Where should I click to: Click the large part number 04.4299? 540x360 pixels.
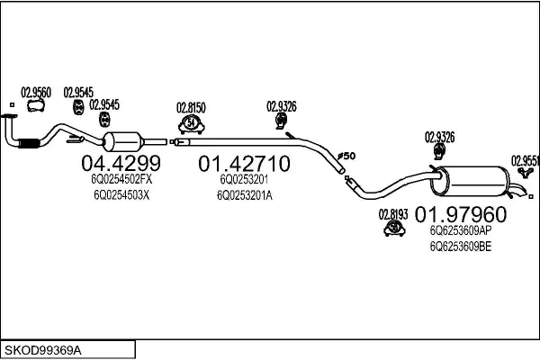tap(121, 163)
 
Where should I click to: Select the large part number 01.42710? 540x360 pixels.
tap(244, 164)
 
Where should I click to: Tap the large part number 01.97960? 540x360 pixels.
tap(461, 214)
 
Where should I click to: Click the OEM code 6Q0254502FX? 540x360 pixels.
tap(121, 179)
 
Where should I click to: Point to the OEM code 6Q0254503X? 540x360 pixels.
tap(121, 195)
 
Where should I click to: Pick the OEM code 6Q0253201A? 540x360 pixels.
tap(245, 195)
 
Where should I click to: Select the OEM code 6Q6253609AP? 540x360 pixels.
tap(461, 230)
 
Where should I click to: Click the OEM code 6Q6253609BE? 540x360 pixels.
tap(461, 247)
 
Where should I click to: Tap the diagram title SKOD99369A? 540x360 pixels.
tap(43, 350)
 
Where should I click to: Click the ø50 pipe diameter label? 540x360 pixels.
tap(346, 156)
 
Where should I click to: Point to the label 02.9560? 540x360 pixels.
tap(36, 93)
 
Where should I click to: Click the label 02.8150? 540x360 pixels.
tap(191, 108)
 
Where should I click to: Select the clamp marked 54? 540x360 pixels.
tap(191, 124)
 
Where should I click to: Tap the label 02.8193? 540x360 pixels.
tap(393, 214)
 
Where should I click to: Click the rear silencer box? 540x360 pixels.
tap(470, 181)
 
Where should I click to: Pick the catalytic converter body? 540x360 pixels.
tap(123, 141)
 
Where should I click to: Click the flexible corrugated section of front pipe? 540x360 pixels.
tap(28, 143)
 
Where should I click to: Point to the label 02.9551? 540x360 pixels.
tap(526, 160)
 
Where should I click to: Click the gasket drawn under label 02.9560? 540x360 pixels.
tap(36, 105)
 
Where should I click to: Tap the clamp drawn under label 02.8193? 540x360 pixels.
tap(394, 228)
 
